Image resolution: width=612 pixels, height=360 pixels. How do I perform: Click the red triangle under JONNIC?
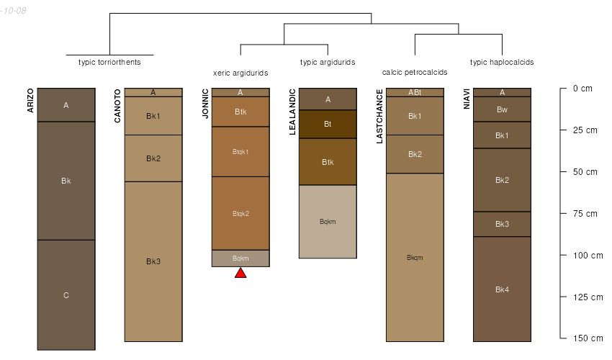[240, 272]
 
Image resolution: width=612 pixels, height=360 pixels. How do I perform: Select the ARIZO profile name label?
[30, 100]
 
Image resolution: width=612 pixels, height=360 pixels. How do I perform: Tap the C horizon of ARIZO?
[66, 294]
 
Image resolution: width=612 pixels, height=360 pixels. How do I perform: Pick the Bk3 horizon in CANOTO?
[153, 261]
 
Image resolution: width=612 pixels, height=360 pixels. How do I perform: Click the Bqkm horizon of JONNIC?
[240, 258]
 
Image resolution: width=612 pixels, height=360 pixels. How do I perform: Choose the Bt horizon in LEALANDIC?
[328, 124]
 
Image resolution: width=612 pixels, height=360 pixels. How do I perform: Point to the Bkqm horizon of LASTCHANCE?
[415, 257]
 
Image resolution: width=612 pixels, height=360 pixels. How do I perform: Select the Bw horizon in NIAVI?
[502, 109]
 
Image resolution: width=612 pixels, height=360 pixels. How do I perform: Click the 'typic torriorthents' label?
[109, 62]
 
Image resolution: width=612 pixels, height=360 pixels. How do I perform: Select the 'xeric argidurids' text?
[240, 73]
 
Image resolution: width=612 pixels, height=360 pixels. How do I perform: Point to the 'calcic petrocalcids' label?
[415, 72]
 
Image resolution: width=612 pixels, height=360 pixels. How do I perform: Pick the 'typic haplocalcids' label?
[502, 62]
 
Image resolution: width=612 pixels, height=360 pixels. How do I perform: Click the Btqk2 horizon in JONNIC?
[240, 213]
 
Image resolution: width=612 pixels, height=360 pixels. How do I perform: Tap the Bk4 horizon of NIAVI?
[502, 289]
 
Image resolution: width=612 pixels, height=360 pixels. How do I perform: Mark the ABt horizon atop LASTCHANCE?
[415, 92]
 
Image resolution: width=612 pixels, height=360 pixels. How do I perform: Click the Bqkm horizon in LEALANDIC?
[328, 221]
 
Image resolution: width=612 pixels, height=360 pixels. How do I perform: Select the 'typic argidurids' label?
[328, 62]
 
